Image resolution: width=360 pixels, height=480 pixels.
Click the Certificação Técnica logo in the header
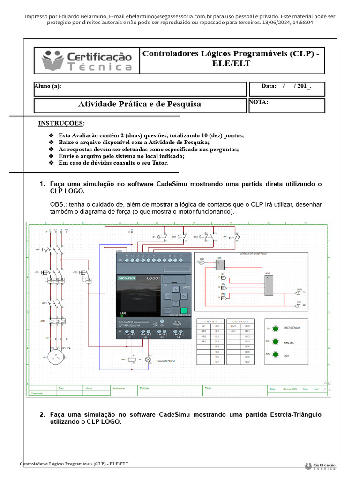click(87, 60)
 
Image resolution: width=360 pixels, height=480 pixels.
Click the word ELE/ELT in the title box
click(231, 64)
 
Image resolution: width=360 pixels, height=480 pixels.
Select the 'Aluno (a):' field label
click(47, 86)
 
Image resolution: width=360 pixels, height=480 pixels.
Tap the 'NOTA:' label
click(259, 102)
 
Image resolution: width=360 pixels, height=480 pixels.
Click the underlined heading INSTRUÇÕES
click(61, 123)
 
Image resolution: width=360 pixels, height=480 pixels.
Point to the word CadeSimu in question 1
click(174, 184)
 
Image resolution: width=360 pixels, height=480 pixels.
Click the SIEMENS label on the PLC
click(126, 278)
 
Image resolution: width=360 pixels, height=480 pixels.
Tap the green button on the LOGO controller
click(184, 310)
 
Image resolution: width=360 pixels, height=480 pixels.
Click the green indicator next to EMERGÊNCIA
click(276, 328)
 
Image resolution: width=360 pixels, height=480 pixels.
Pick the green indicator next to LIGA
click(276, 355)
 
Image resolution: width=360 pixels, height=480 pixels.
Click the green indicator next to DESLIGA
click(276, 342)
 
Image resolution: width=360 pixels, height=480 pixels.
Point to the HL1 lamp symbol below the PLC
click(148, 360)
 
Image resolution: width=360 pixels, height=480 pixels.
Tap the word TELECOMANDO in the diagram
click(165, 361)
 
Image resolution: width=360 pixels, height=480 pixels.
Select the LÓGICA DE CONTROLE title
click(253, 254)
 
